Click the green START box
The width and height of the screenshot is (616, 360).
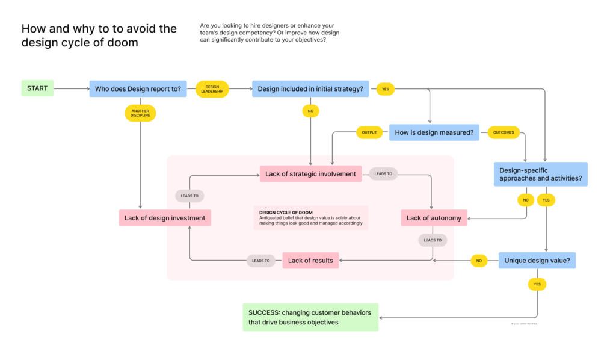pos(37,88)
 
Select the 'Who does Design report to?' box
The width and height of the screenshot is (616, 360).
pos(138,89)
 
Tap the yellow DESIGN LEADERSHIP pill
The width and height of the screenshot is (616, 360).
pos(212,89)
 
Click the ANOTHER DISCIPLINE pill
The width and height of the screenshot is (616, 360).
pos(140,113)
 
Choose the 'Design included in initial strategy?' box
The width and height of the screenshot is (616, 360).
pos(310,89)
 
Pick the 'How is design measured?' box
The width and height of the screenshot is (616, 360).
pos(434,132)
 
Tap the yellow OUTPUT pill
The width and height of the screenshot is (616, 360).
pos(369,132)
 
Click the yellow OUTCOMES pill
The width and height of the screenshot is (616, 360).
pos(503,132)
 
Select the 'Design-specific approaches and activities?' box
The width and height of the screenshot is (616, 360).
pos(540,175)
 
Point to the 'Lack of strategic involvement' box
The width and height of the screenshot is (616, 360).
pos(310,174)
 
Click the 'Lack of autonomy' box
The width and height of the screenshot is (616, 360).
pos(434,218)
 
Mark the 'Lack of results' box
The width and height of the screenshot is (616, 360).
pos(310,261)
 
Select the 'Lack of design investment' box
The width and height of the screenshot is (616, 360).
pos(164,218)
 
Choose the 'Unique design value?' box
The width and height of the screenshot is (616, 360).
pos(537,261)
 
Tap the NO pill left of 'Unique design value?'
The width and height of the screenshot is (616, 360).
pos(479,261)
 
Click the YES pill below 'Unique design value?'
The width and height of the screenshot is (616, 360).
pos(537,284)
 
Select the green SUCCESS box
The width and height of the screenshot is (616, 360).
pos(310,317)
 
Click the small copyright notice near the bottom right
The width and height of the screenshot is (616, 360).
pos(524,324)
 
